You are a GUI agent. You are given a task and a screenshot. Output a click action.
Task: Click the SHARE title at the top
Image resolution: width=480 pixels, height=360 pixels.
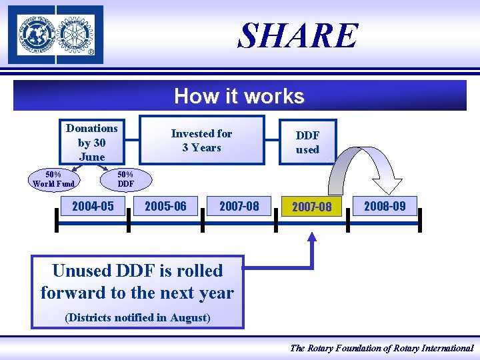(299, 35)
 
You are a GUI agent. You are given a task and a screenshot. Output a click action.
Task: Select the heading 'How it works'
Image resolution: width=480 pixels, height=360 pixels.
(239, 97)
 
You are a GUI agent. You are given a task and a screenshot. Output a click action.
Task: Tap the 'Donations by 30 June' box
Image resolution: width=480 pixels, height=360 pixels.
(92, 141)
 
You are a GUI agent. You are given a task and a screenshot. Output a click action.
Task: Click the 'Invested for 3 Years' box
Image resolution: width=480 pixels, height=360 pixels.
(201, 140)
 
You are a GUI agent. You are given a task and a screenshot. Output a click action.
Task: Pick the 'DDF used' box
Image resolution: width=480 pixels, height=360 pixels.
(307, 142)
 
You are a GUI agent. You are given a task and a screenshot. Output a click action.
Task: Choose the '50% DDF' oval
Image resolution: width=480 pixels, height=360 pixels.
(125, 179)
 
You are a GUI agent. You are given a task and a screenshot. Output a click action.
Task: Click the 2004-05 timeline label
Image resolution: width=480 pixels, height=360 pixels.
(93, 206)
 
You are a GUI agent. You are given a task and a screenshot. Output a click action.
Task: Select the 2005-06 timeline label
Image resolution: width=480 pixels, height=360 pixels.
(165, 206)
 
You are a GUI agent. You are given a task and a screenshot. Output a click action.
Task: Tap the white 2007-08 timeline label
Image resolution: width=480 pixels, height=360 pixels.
(239, 206)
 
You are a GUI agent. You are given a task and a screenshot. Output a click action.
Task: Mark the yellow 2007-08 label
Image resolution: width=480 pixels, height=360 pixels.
(311, 207)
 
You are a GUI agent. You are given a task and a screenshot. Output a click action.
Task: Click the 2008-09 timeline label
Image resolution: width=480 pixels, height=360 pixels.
(385, 205)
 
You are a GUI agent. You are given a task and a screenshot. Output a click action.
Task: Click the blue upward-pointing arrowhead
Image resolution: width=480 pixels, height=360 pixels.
(311, 237)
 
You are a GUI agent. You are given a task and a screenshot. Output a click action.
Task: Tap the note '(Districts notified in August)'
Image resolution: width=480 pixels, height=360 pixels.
(137, 317)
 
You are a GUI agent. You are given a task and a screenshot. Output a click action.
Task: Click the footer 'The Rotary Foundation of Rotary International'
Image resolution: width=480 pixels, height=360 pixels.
(381, 348)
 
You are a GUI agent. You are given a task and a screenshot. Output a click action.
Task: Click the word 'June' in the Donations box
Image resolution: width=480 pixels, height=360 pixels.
(92, 157)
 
